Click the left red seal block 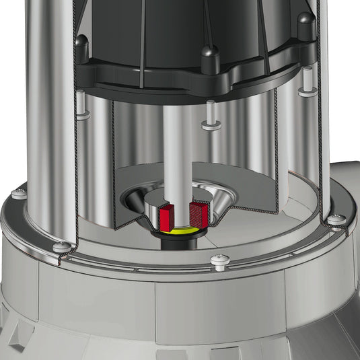coord(168,216)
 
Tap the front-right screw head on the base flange coord(217,259)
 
